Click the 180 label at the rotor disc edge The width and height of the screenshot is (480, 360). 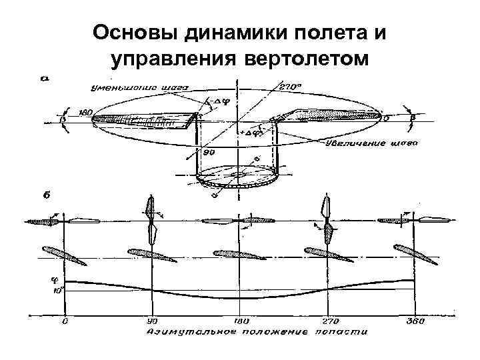click(85, 113)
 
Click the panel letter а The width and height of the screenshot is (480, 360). click(45, 79)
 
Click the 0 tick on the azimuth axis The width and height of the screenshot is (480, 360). click(65, 321)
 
